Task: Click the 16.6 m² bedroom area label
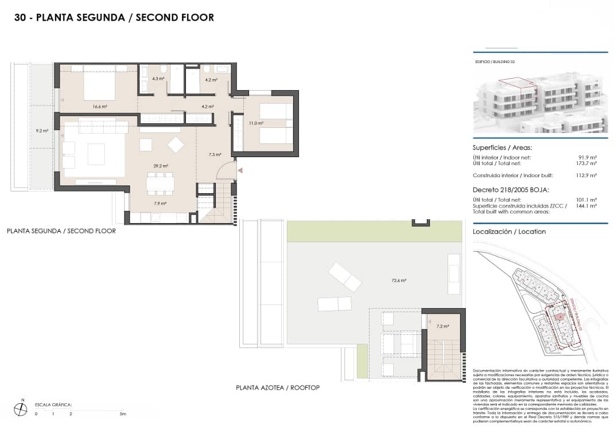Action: point(100,106)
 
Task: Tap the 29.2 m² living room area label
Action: point(160,166)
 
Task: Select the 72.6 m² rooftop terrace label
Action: point(399,280)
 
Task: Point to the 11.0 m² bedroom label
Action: point(256,123)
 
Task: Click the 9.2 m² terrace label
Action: point(42,131)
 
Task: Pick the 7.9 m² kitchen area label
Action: point(160,203)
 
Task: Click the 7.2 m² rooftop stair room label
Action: point(442,326)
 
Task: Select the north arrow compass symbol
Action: point(21,408)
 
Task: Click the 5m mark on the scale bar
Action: point(122,414)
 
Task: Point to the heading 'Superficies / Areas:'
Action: point(502,147)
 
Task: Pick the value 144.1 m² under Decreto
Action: point(585,205)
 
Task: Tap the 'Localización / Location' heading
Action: point(509,232)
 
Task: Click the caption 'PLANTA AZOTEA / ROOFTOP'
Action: point(278,388)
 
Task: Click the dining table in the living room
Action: point(160,183)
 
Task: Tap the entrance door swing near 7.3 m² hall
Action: point(229,170)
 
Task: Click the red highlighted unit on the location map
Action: point(557,315)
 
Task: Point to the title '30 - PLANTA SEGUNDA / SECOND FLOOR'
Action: point(114,18)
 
